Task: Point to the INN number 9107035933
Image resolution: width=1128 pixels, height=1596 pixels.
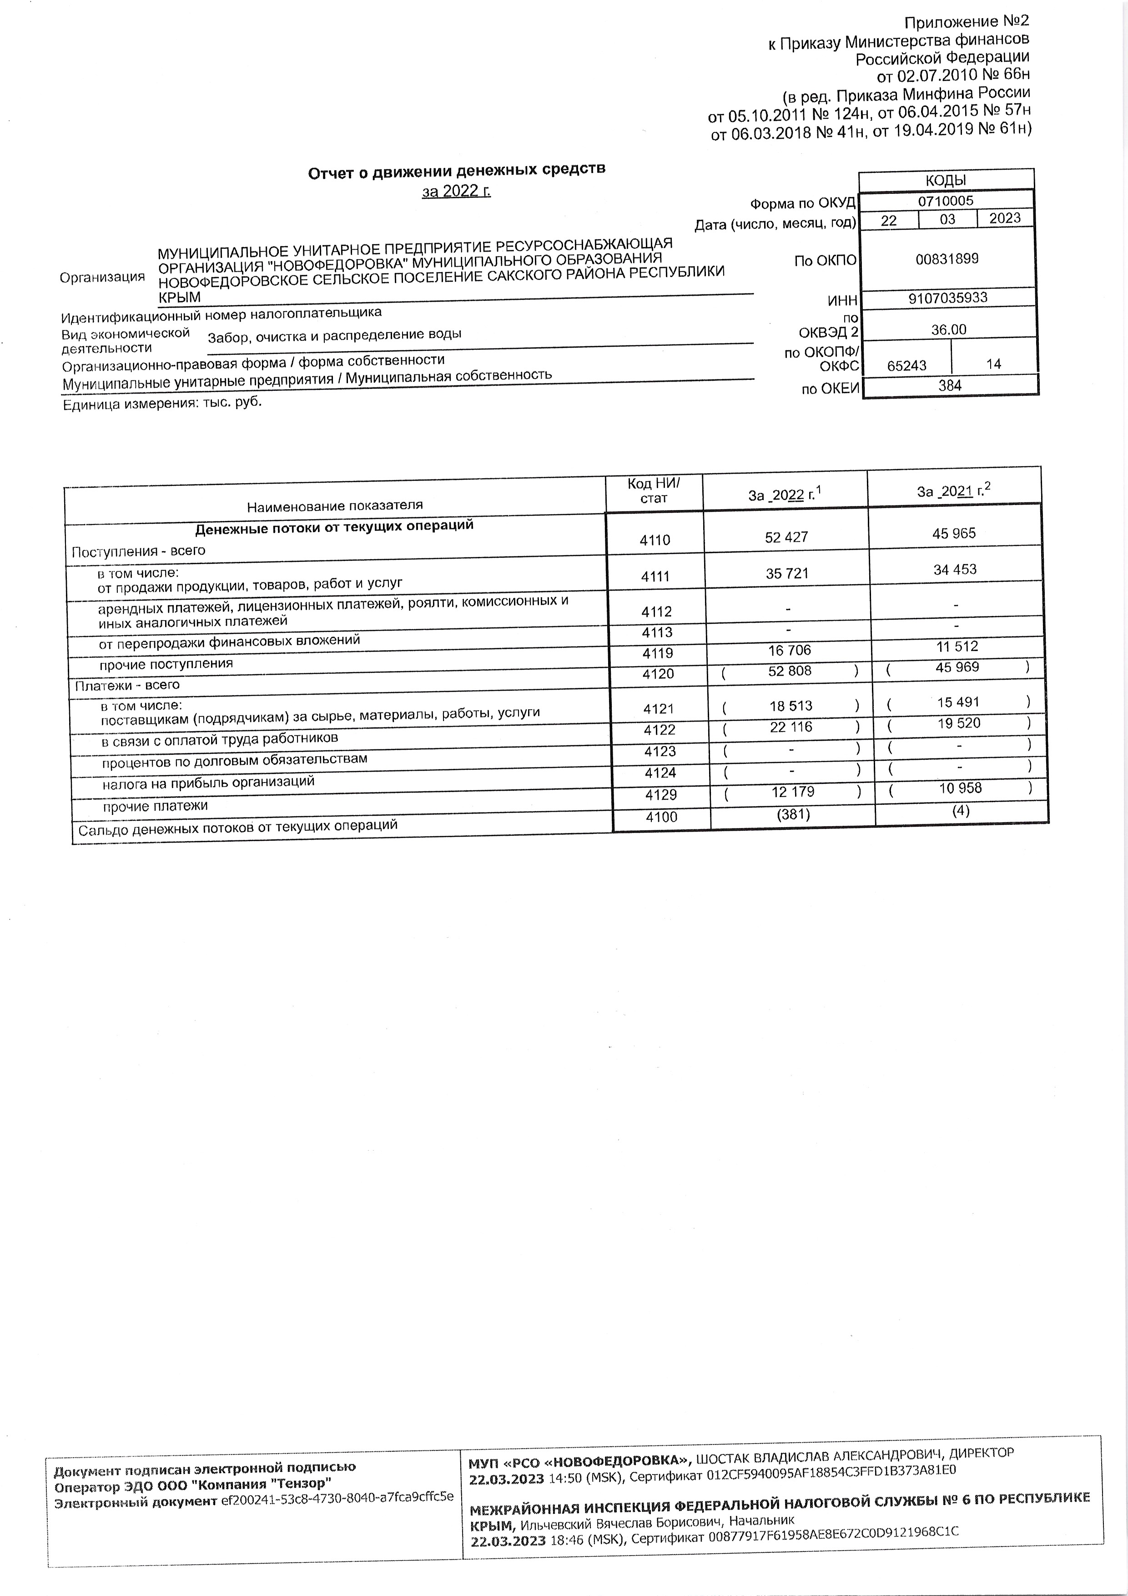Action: pyautogui.click(x=947, y=298)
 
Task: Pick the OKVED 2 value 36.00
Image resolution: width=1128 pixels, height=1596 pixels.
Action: pyautogui.click(x=949, y=329)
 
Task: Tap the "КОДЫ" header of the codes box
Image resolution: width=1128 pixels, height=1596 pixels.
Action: pyautogui.click(x=946, y=180)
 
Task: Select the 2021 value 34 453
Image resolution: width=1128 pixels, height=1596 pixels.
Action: pyautogui.click(x=955, y=569)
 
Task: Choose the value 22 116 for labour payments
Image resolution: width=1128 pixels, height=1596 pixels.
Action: pyautogui.click(x=790, y=727)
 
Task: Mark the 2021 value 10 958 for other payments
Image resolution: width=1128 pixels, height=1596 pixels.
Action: pyautogui.click(x=960, y=788)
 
